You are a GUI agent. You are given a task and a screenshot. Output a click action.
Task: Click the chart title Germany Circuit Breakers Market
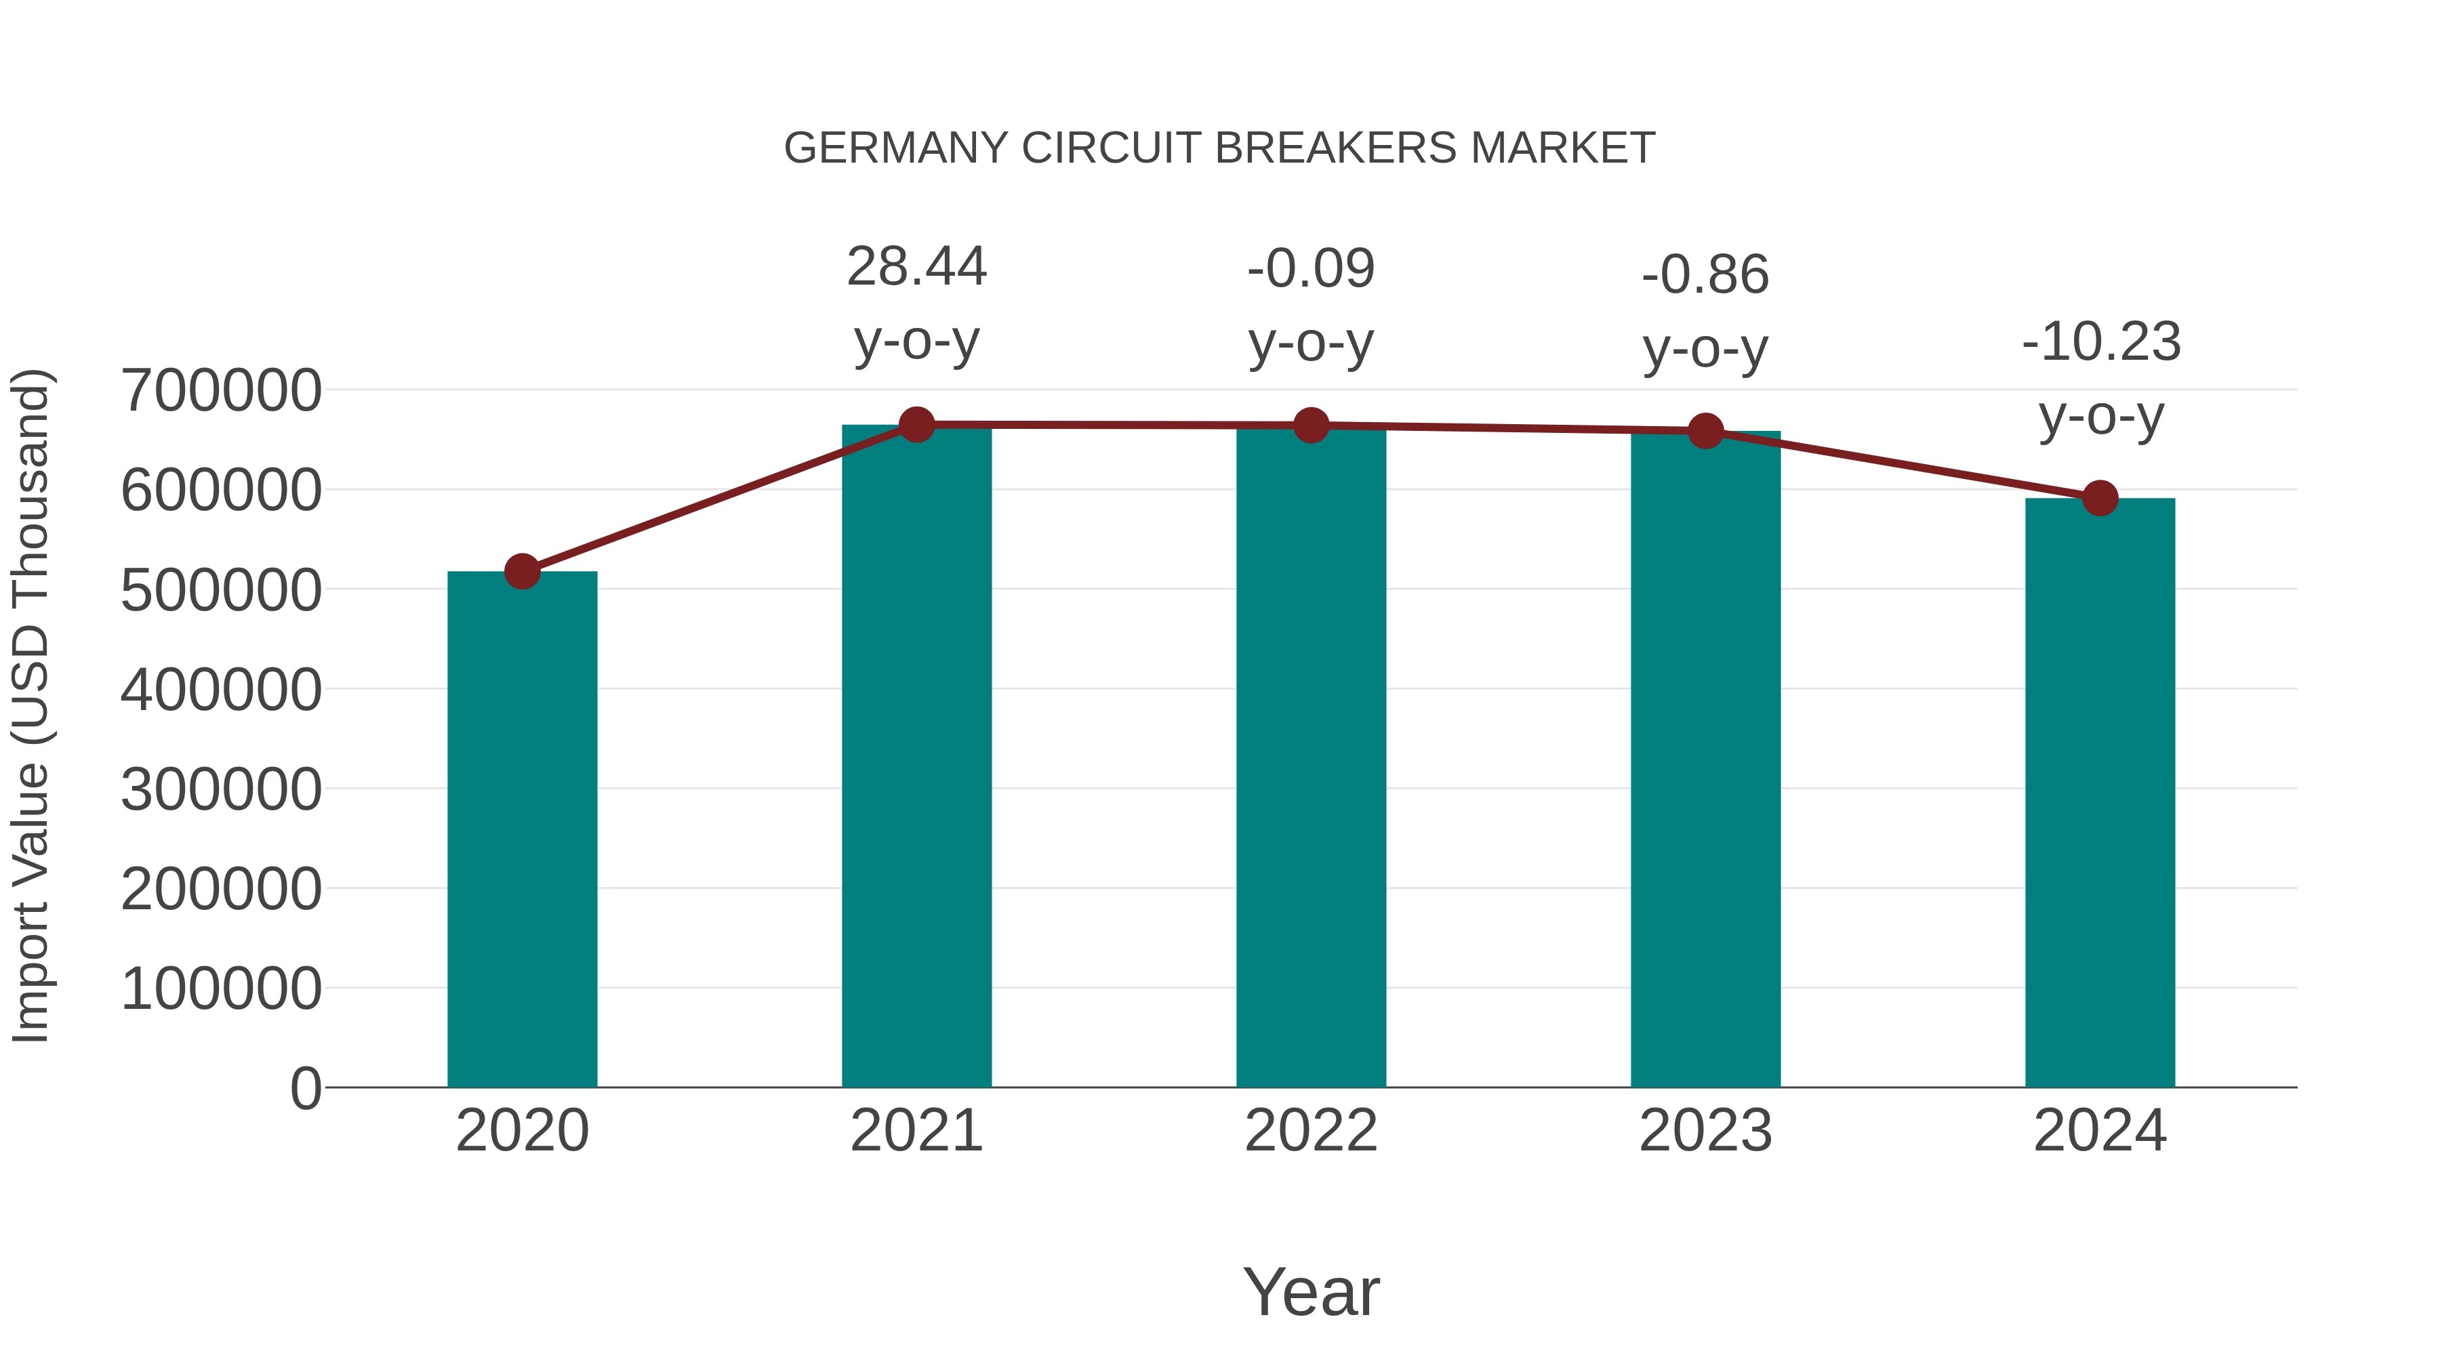1219,148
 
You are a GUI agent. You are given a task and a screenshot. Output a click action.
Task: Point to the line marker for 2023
1705,432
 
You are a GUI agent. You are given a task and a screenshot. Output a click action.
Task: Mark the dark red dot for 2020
522,571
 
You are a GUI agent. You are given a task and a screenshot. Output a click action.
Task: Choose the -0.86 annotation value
1705,276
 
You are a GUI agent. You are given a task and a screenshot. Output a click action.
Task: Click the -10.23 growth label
2101,343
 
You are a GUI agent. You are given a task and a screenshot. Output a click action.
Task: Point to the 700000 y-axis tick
221,390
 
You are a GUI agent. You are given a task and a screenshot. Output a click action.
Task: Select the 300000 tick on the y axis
221,790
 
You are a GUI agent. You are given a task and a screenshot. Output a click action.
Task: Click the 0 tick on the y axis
305,1089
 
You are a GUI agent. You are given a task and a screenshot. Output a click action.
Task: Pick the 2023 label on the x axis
1705,1131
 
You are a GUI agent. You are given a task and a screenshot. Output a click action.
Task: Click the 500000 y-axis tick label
221,590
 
